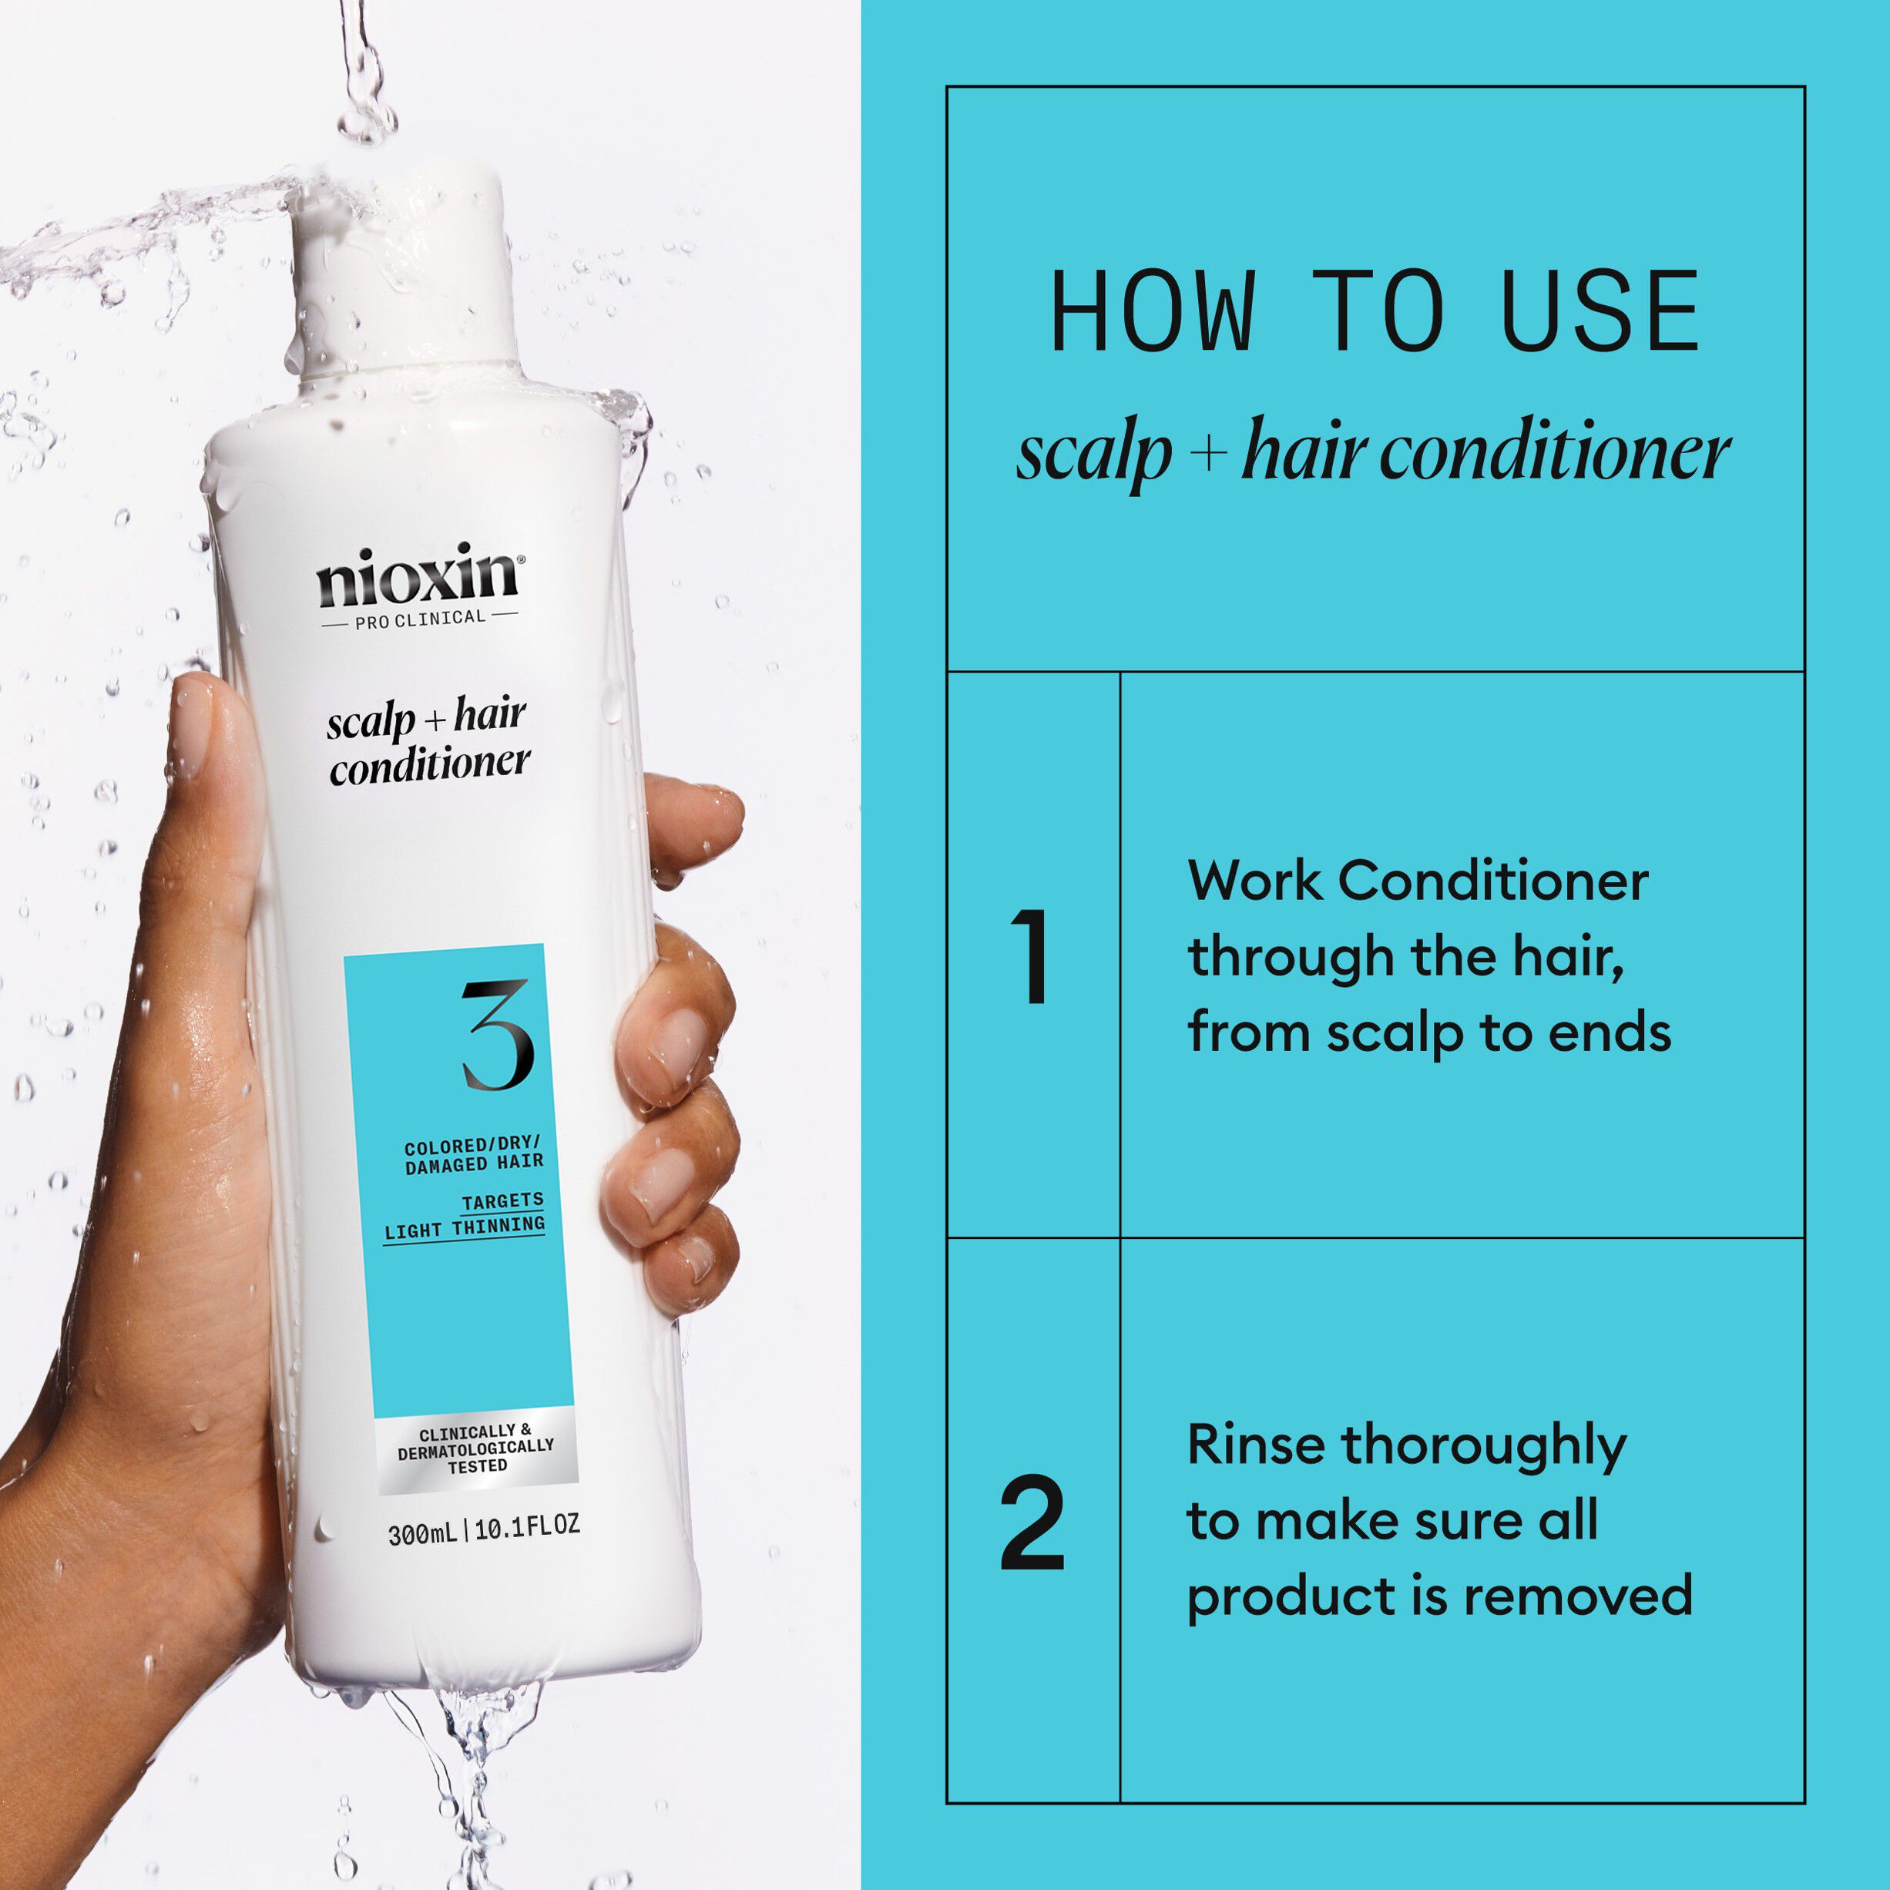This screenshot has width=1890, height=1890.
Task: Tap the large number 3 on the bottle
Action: tap(497, 1035)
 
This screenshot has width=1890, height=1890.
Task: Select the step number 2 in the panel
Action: tap(1032, 1523)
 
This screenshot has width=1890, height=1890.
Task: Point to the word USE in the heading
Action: tap(1600, 312)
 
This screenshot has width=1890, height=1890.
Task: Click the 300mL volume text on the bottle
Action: tap(421, 1535)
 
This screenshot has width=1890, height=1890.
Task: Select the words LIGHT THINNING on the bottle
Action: tap(464, 1227)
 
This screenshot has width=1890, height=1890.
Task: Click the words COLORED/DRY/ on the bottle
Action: tap(472, 1145)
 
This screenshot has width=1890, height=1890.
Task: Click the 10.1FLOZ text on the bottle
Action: tap(527, 1527)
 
